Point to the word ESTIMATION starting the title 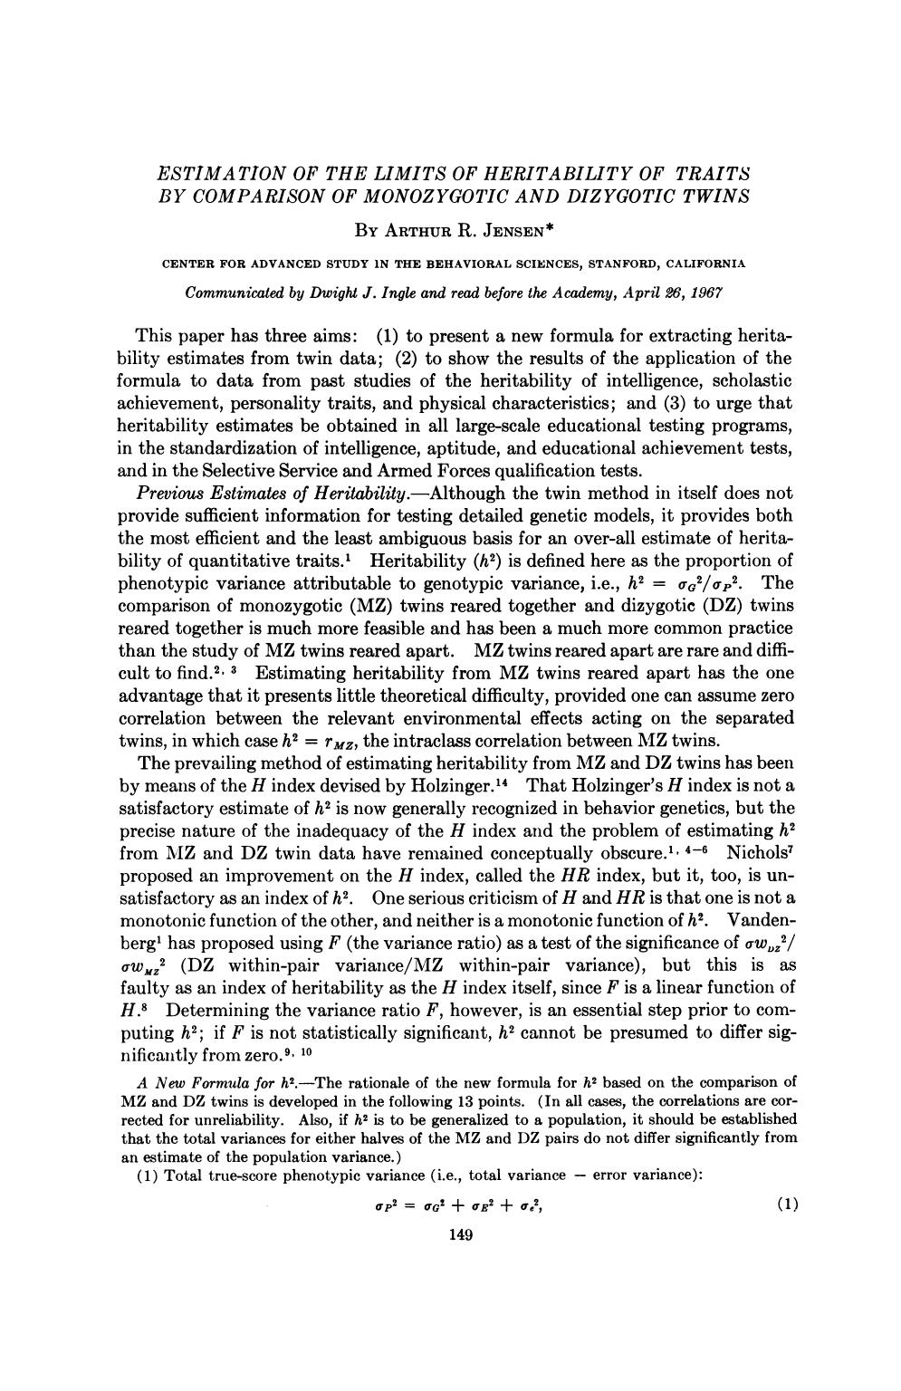[x=214, y=172]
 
